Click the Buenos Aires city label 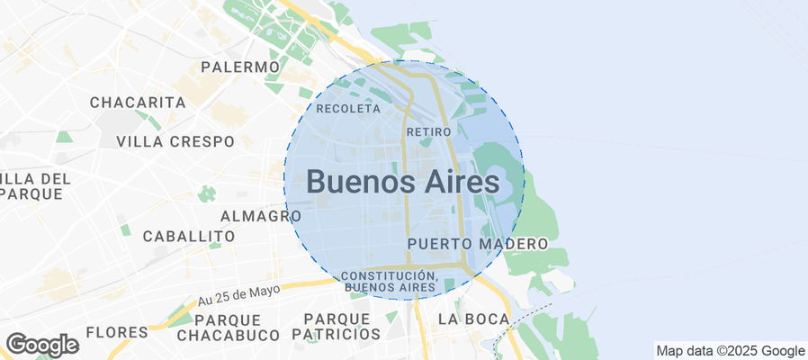tap(402, 181)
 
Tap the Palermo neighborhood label tap(240, 67)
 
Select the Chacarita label tap(138, 103)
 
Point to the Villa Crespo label tap(175, 141)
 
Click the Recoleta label tap(349, 109)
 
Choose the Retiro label tap(428, 132)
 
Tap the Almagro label tap(261, 216)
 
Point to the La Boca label tap(473, 319)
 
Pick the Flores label tap(117, 332)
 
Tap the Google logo tap(42, 345)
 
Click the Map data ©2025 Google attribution tap(730, 351)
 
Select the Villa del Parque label tap(34, 185)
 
